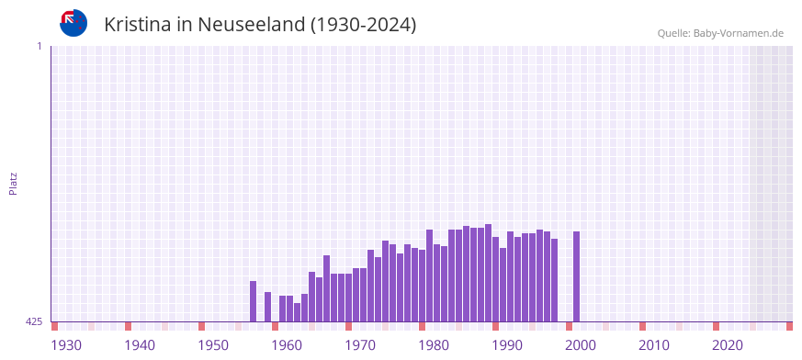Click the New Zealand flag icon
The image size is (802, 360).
73,23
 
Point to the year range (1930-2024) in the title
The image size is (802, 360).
364,25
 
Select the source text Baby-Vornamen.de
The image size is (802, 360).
738,33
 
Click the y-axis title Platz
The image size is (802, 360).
13,183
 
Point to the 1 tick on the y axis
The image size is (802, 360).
39,46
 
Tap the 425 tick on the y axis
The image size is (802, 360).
34,321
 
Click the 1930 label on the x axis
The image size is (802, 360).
66,345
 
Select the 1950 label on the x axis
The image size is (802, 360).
213,345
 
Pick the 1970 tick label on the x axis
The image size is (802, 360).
360,345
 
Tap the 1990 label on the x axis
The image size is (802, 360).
507,345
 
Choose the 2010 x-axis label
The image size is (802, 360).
654,345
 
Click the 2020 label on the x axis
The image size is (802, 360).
728,345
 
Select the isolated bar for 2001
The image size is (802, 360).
577,276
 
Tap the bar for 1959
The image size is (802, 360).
268,307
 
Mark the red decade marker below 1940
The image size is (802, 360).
129,326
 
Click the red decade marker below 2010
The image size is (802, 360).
643,326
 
